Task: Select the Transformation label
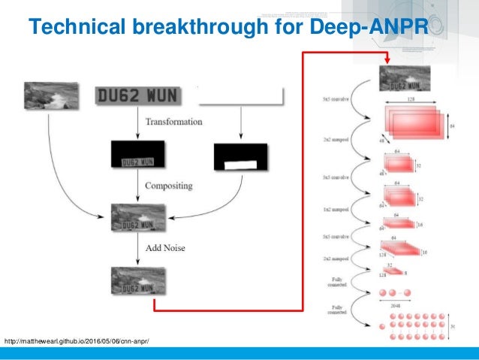click(x=174, y=122)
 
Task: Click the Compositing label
click(x=170, y=186)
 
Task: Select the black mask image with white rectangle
click(x=239, y=156)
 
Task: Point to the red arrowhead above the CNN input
click(x=386, y=60)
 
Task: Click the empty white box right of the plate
click(x=240, y=96)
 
